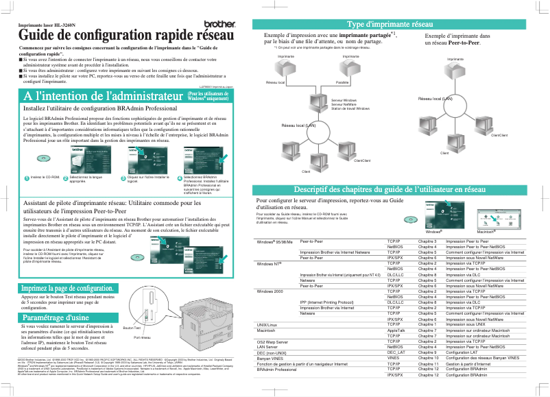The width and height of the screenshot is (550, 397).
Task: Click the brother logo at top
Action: (217, 24)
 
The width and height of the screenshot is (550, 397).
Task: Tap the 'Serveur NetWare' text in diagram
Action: (343, 104)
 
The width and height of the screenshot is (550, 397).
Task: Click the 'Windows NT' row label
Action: (269, 263)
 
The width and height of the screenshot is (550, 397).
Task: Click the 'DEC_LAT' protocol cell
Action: (396, 352)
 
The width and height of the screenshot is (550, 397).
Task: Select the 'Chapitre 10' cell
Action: (428, 357)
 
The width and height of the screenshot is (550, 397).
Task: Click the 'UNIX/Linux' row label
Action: (267, 324)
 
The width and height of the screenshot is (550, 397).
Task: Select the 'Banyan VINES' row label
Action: (270, 357)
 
